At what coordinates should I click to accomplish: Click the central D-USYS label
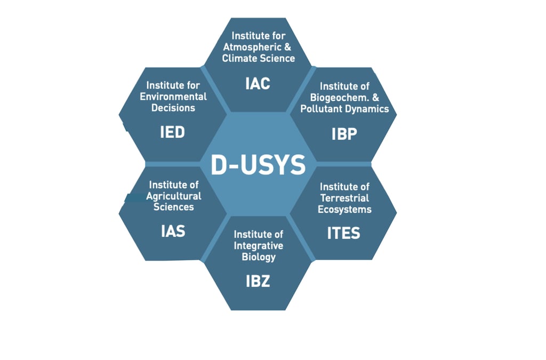tap(258, 165)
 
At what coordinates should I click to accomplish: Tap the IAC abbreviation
tap(258, 84)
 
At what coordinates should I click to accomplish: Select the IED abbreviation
tap(172, 132)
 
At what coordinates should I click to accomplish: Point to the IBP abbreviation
tap(344, 134)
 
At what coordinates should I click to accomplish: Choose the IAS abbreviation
tap(173, 231)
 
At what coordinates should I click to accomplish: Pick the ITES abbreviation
tap(344, 233)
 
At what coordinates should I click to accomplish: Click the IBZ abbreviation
tap(258, 281)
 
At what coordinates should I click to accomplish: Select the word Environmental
tap(173, 97)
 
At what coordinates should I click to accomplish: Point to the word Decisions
tap(173, 108)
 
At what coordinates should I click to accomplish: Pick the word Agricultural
tap(174, 196)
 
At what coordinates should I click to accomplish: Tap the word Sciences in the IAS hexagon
tap(174, 207)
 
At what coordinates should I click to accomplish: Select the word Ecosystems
tap(344, 209)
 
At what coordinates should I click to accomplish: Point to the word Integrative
tap(259, 245)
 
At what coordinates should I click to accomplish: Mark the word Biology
tap(259, 257)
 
